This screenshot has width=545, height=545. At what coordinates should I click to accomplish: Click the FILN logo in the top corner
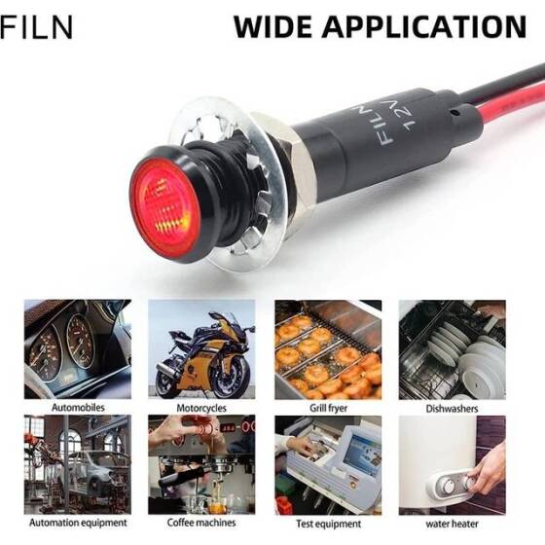(x=37, y=26)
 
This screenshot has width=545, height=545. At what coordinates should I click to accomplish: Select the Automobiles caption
(x=78, y=408)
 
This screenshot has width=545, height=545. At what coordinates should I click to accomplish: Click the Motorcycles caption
(x=201, y=408)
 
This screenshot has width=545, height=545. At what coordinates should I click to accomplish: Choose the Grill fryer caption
(x=328, y=408)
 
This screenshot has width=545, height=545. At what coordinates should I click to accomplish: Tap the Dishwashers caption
(x=452, y=408)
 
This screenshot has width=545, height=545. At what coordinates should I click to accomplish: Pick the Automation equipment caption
(x=78, y=523)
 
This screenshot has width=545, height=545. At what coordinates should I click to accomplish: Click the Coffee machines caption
(x=201, y=523)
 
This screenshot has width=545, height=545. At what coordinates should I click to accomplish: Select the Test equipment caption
(x=328, y=524)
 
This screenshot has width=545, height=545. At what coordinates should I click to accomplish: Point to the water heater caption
(x=452, y=524)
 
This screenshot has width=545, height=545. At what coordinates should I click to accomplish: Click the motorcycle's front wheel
(x=232, y=378)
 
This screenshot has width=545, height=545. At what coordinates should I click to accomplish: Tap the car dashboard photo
(x=78, y=349)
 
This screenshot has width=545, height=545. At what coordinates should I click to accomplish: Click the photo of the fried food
(x=328, y=349)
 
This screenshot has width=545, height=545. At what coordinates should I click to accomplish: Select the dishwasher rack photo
(x=452, y=349)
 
